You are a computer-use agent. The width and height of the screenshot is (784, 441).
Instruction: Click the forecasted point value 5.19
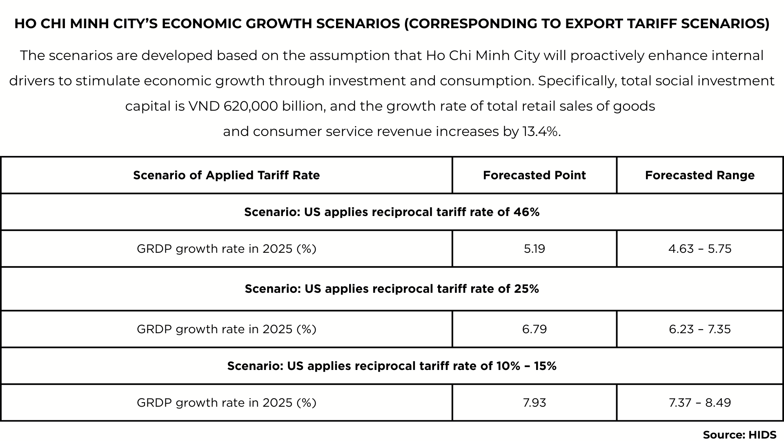pos(534,249)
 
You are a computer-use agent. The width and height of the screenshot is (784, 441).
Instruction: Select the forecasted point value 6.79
pos(534,329)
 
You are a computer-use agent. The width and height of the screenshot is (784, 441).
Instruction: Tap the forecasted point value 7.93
pos(534,403)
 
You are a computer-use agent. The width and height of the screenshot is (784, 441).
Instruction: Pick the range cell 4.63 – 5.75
pos(699,249)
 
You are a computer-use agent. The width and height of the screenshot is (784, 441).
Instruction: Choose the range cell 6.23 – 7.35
pos(699,329)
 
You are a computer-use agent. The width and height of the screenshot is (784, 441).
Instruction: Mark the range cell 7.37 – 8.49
pos(699,403)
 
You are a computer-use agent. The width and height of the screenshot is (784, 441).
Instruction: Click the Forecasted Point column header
pos(534,175)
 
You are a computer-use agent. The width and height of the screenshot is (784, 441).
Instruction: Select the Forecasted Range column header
pos(699,175)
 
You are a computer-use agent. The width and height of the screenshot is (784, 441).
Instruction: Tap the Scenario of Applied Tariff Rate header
pos(226,175)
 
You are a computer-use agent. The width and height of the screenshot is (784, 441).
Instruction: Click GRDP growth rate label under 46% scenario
pos(226,249)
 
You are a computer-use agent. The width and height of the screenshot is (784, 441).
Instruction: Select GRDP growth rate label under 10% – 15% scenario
pos(226,403)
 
